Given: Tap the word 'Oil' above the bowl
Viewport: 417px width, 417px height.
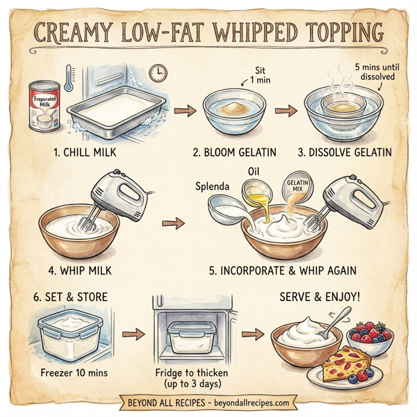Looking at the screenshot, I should pyautogui.click(x=254, y=170).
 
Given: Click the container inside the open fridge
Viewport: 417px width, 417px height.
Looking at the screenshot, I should pyautogui.click(x=192, y=337).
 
